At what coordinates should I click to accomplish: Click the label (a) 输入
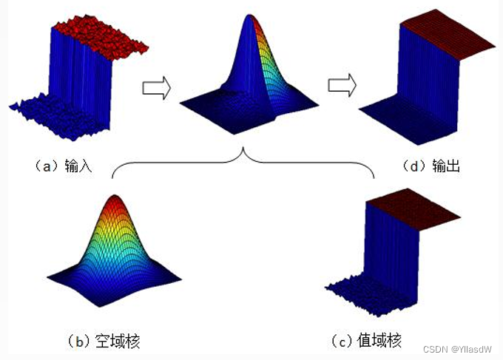[x=64, y=166]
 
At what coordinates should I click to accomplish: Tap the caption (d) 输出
[x=431, y=166]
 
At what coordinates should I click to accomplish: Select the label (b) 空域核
[x=104, y=341]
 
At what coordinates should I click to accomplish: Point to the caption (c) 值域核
[x=366, y=341]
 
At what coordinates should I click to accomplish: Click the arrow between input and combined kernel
[x=157, y=88]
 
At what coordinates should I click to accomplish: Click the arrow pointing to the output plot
[x=342, y=85]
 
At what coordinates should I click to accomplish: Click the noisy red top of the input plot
[x=100, y=36]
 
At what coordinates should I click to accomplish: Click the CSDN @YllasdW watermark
[x=457, y=350]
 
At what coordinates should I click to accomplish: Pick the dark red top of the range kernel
[x=413, y=209]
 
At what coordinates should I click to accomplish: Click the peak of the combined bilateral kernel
[x=249, y=16]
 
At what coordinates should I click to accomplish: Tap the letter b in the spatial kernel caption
[x=80, y=342]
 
